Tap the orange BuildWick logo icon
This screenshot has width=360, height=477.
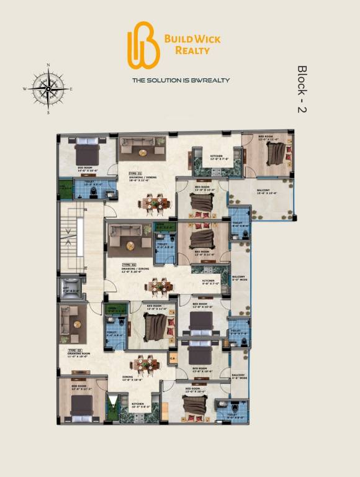click(143, 44)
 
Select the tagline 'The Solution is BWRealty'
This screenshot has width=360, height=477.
click(181, 80)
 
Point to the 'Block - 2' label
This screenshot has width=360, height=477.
click(302, 88)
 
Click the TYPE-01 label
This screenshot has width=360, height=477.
click(136, 173)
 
